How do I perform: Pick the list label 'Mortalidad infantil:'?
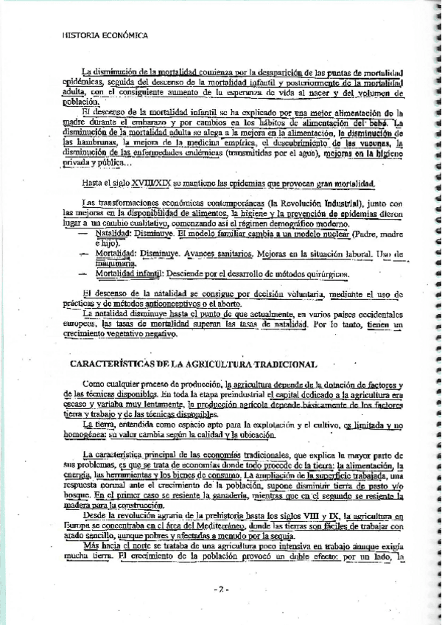click(x=129, y=273)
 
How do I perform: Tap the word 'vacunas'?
click(x=376, y=143)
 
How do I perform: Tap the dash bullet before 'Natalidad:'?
click(x=83, y=233)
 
